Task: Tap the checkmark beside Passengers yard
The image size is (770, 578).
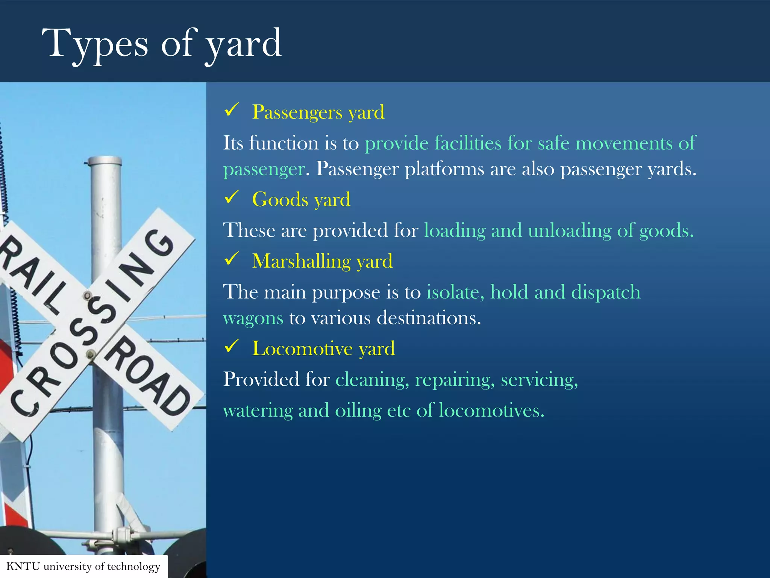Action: [x=232, y=110]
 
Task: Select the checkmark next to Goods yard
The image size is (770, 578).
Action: [x=232, y=197]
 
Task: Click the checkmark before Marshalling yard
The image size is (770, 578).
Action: [x=232, y=259]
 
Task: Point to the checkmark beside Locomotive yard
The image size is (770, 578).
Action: [x=232, y=347]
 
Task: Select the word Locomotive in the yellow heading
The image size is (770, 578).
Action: [x=302, y=348]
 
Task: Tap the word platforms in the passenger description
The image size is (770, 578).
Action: [x=444, y=169]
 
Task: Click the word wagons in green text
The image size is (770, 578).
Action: [x=253, y=318]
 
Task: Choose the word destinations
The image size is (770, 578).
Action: [x=429, y=318]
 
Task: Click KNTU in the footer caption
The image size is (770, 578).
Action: [x=23, y=567]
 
